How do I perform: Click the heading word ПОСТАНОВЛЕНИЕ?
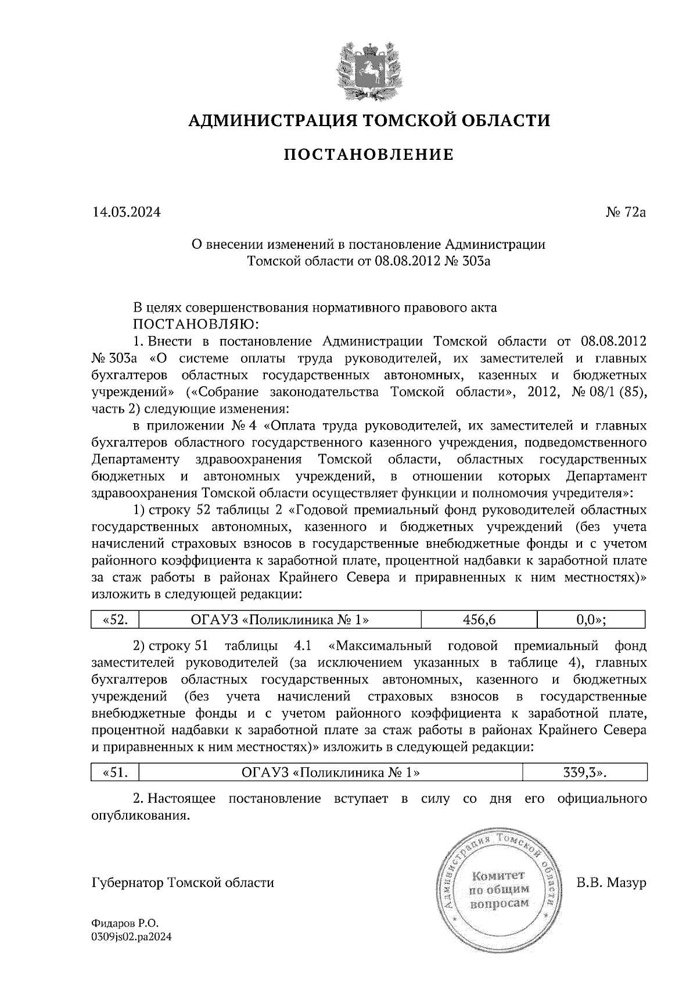(x=368, y=155)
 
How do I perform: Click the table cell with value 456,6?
(x=479, y=620)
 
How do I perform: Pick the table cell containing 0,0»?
(x=591, y=620)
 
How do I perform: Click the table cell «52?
(x=116, y=620)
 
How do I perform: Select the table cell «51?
(x=116, y=773)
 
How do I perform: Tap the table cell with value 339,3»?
(x=584, y=773)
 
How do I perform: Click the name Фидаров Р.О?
(x=125, y=923)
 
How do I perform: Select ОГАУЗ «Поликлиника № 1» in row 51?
(x=330, y=773)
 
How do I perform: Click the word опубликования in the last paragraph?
(x=141, y=816)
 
